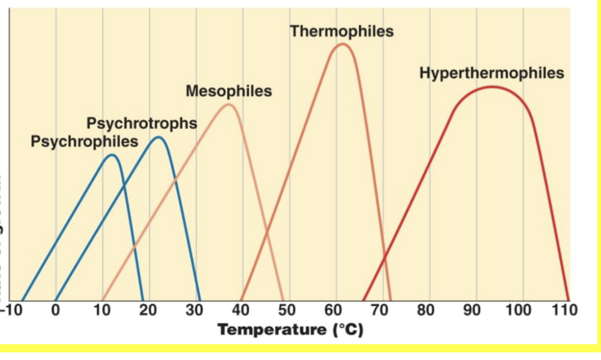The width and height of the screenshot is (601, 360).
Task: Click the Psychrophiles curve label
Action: click(x=84, y=142)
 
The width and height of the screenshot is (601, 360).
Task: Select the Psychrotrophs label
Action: click(x=142, y=124)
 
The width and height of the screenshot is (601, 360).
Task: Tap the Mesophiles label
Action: click(x=229, y=91)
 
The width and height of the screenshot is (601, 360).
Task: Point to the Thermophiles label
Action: click(x=342, y=31)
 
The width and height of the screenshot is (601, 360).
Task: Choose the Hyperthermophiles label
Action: click(x=492, y=73)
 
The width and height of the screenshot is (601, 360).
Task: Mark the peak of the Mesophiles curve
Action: click(x=229, y=105)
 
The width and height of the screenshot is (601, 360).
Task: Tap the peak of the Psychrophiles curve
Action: click(x=112, y=155)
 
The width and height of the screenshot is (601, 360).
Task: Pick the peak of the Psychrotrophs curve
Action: click(x=158, y=137)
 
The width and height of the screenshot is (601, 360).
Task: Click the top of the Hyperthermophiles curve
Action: click(x=492, y=87)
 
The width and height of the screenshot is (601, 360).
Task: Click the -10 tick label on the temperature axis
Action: click(x=10, y=310)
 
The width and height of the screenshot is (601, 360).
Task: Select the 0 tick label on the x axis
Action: click(x=56, y=310)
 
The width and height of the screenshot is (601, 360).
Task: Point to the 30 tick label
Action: click(x=196, y=310)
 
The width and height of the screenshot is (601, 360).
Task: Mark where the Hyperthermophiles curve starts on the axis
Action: click(x=363, y=300)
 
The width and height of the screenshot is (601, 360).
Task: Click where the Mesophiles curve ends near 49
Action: click(x=283, y=300)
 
